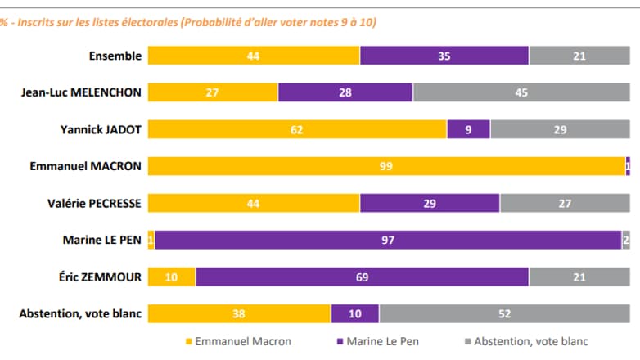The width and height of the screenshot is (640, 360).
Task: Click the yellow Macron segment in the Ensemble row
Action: pyautogui.click(x=254, y=56)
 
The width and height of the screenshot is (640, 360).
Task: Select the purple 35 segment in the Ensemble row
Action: pyautogui.click(x=444, y=56)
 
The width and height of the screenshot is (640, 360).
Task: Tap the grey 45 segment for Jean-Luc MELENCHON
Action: pyautogui.click(x=521, y=92)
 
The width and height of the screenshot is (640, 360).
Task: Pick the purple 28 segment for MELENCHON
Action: pyautogui.click(x=345, y=92)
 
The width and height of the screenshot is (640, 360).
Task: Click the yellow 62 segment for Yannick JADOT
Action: pyautogui.click(x=297, y=129)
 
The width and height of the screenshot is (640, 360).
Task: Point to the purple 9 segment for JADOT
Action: pyautogui.click(x=468, y=129)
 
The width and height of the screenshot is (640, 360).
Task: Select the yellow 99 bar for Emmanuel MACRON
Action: pyautogui.click(x=386, y=166)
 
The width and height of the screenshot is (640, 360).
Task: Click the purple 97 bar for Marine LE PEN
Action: pyautogui.click(x=388, y=240)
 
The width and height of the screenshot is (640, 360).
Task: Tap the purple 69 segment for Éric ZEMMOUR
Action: pyautogui.click(x=362, y=277)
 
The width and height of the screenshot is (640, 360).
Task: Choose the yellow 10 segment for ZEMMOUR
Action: pyautogui.click(x=172, y=277)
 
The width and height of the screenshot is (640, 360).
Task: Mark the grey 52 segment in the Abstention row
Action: pyautogui.click(x=504, y=314)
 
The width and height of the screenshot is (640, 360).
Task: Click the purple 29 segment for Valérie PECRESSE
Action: pyautogui.click(x=430, y=203)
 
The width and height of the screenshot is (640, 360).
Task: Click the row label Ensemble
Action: pyautogui.click(x=115, y=56)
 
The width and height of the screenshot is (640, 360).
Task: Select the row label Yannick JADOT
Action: pyautogui.click(x=101, y=129)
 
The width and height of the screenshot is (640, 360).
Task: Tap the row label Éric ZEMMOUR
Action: pyautogui.click(x=100, y=277)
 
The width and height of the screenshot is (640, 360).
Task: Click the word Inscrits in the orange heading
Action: pyautogui.click(x=38, y=23)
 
